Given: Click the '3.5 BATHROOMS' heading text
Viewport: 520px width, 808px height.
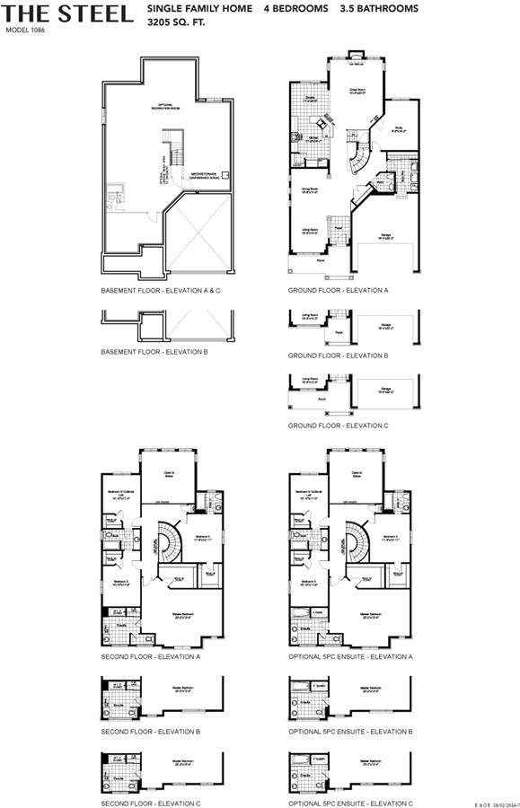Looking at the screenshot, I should pos(379,8).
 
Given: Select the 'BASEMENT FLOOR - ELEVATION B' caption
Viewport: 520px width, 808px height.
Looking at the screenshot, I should pos(154,352).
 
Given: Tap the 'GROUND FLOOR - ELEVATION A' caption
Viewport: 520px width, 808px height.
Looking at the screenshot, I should pos(338,292).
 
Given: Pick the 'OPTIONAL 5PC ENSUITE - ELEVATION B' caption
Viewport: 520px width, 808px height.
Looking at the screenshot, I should pos(351,732).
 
